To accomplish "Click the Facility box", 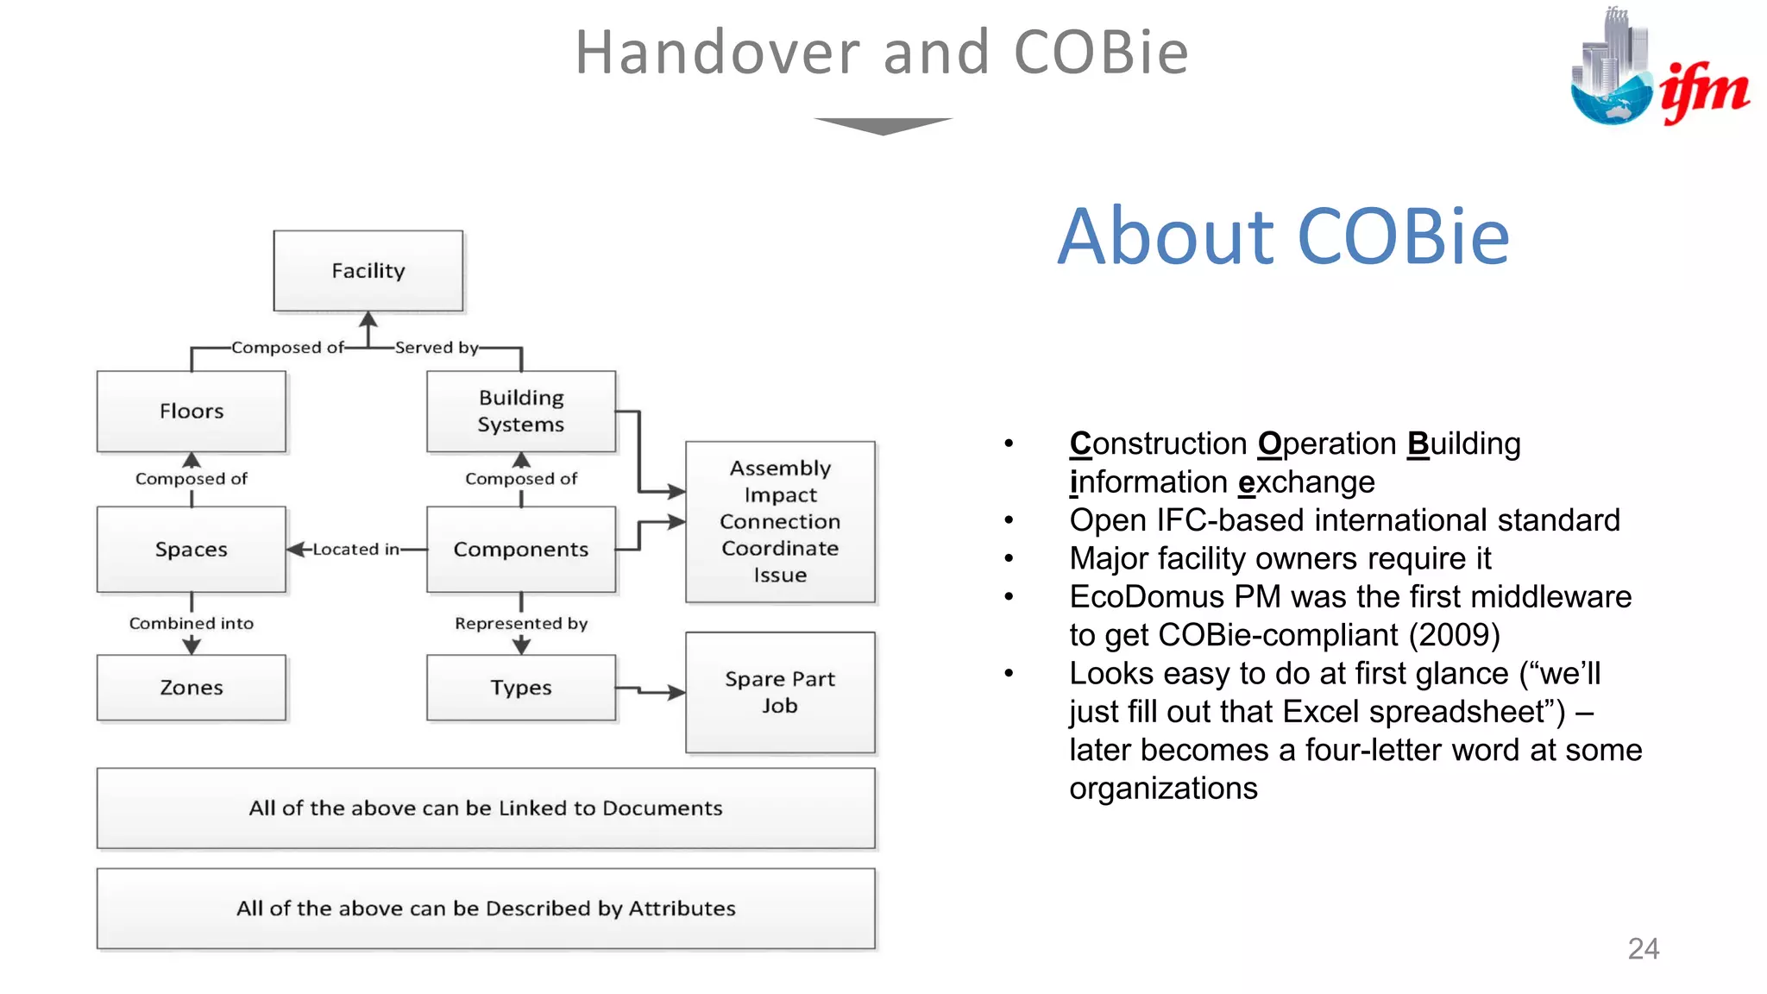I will [x=368, y=271].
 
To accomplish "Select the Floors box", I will [x=192, y=412].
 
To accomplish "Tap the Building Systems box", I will [x=521, y=412].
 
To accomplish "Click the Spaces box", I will [x=192, y=550].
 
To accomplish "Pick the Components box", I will [x=521, y=550].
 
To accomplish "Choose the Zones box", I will [x=192, y=688].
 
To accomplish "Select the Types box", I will [x=521, y=688].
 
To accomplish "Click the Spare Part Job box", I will [x=780, y=692].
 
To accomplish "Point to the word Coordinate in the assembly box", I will [x=780, y=549].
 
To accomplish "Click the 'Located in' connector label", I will [x=355, y=550].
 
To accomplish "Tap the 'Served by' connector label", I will [x=437, y=348].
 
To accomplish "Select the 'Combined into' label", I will [x=192, y=623].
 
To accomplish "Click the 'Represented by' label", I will [x=521, y=623].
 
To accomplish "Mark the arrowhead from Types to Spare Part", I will [x=676, y=692].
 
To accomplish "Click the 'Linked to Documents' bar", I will [x=486, y=808].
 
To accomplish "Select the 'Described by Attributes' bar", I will [x=486, y=909].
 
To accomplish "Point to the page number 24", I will [x=1643, y=948].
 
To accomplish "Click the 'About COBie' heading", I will [x=1283, y=236].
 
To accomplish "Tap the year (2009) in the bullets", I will [x=1455, y=635].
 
